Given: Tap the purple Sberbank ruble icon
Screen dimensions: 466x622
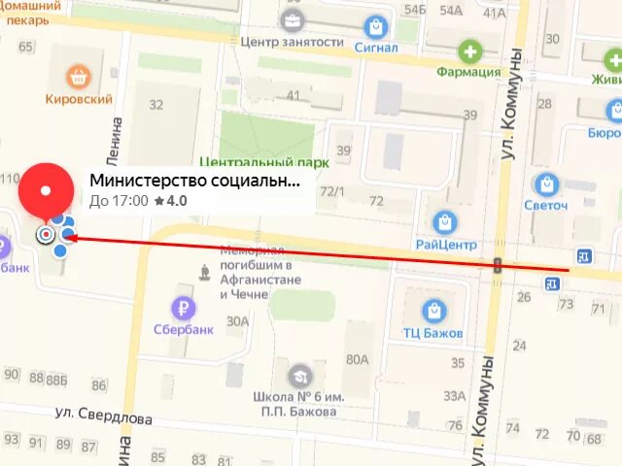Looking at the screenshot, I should (181, 308).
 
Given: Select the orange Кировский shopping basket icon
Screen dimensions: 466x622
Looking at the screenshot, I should (79, 76).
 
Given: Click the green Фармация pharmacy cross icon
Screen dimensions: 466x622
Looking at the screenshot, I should (469, 50).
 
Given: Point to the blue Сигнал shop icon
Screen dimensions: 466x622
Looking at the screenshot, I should (375, 25).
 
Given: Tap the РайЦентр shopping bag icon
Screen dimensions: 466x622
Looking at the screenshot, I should (445, 222).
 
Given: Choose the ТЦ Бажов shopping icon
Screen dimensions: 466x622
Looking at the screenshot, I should (433, 312).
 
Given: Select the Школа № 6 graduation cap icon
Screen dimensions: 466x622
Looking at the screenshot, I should (298, 375).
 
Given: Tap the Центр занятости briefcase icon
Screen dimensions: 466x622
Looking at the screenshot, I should (291, 19).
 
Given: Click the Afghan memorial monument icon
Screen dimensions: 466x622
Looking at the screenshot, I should (204, 272).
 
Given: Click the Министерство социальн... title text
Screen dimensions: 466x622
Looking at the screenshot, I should (194, 180).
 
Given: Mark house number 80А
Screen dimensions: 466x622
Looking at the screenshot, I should (357, 360).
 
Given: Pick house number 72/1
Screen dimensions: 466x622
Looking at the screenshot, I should (332, 190).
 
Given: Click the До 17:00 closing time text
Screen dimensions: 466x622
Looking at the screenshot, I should (119, 201).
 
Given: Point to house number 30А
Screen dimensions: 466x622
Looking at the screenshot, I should (237, 321).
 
